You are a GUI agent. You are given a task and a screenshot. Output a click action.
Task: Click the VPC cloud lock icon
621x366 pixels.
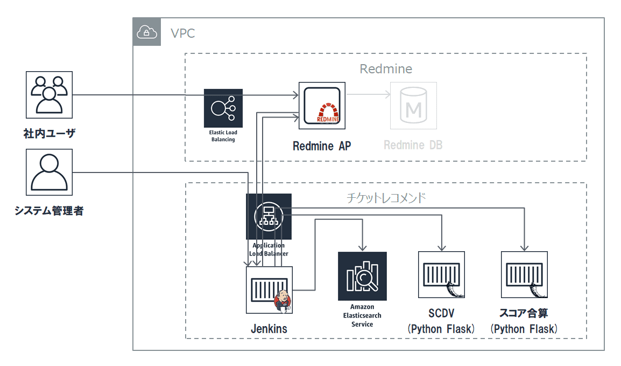pyautogui.click(x=146, y=32)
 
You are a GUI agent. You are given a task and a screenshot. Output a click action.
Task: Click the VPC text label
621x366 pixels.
pyautogui.click(x=182, y=33)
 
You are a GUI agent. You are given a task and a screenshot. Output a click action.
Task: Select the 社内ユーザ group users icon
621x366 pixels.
pyautogui.click(x=49, y=95)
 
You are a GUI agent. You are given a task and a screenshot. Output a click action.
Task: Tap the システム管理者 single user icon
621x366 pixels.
pyautogui.click(x=49, y=172)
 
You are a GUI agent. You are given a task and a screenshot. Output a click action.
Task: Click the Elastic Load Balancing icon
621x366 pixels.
pyautogui.click(x=223, y=108)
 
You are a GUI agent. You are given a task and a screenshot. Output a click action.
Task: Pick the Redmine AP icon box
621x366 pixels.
pyautogui.click(x=322, y=106)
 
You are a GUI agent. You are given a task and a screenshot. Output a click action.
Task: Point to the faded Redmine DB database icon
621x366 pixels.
pyautogui.click(x=413, y=106)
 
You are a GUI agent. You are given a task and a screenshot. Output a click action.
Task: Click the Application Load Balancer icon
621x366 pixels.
pyautogui.click(x=269, y=217)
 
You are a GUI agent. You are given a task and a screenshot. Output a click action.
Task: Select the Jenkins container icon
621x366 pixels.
pyautogui.click(x=269, y=290)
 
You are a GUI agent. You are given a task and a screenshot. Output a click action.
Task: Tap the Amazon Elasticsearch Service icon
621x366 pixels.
pyautogui.click(x=362, y=276)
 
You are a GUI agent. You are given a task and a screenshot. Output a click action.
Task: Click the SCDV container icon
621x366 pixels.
pyautogui.click(x=442, y=274)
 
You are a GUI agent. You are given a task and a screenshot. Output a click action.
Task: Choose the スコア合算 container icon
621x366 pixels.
pyautogui.click(x=524, y=274)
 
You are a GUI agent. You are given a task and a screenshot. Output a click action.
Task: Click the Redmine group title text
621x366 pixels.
pyautogui.click(x=386, y=69)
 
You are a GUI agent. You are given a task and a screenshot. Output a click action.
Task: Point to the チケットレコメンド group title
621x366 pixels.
pyautogui.click(x=386, y=197)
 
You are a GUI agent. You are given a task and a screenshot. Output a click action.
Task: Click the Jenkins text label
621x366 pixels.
pyautogui.click(x=269, y=328)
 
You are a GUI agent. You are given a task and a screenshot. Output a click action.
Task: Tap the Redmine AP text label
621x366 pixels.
pyautogui.click(x=322, y=146)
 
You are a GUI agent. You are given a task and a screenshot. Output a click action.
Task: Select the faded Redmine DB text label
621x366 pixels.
pyautogui.click(x=413, y=145)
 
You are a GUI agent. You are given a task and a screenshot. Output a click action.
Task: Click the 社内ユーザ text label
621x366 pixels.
pyautogui.click(x=49, y=133)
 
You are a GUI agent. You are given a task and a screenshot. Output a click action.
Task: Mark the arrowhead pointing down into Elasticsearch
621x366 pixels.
pyautogui.click(x=362, y=248)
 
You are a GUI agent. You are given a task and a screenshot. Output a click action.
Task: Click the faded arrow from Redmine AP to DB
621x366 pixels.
pyautogui.click(x=368, y=94)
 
